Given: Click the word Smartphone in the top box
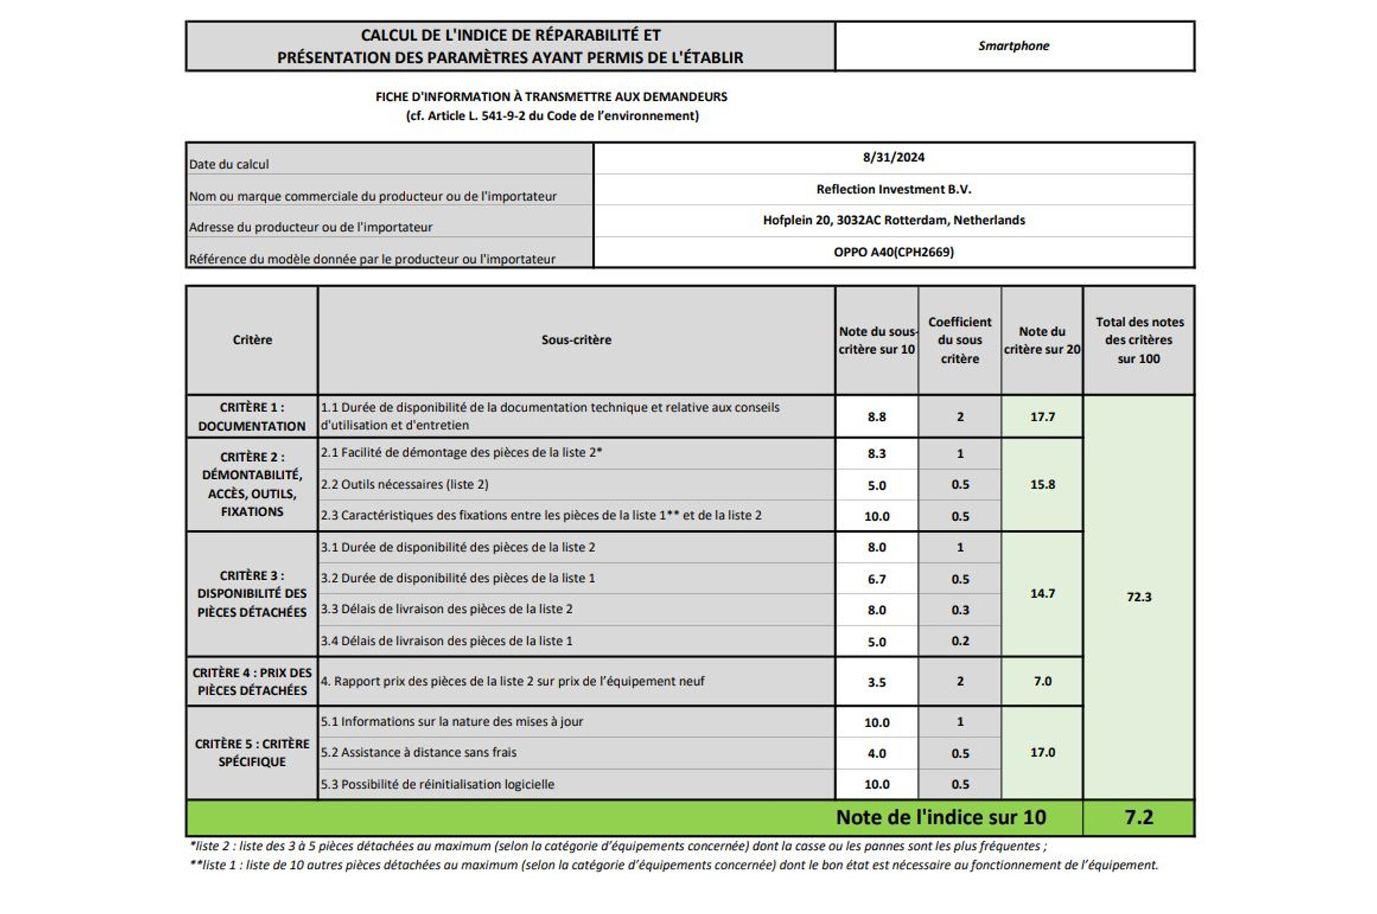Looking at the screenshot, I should [1013, 46].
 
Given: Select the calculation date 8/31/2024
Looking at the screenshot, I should [893, 157].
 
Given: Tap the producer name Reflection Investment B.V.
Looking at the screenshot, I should [893, 189].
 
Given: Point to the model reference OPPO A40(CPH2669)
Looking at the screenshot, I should [893, 252].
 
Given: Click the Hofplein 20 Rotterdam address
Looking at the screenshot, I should [893, 220].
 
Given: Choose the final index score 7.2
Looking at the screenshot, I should [1139, 817].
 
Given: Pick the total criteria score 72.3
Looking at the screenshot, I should [1139, 597].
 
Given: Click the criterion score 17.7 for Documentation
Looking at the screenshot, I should [1042, 417].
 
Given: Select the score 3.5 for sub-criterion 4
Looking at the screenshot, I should [877, 682].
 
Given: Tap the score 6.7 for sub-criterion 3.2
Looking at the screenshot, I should [877, 579].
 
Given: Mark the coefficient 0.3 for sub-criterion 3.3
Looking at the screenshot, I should [960, 610].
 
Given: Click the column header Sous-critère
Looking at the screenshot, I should [576, 340].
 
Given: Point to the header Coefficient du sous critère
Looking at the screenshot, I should [960, 340].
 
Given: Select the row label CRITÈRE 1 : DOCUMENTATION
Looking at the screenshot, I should [252, 417].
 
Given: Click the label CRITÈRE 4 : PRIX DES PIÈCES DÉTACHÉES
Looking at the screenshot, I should [252, 682].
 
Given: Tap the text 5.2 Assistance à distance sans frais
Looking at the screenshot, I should [419, 752].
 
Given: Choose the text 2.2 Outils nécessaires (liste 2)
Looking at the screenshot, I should [405, 485].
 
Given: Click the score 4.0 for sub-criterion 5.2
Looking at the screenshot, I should [877, 753].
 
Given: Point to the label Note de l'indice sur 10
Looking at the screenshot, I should [941, 817].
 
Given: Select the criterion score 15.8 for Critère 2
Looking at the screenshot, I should [1042, 485].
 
